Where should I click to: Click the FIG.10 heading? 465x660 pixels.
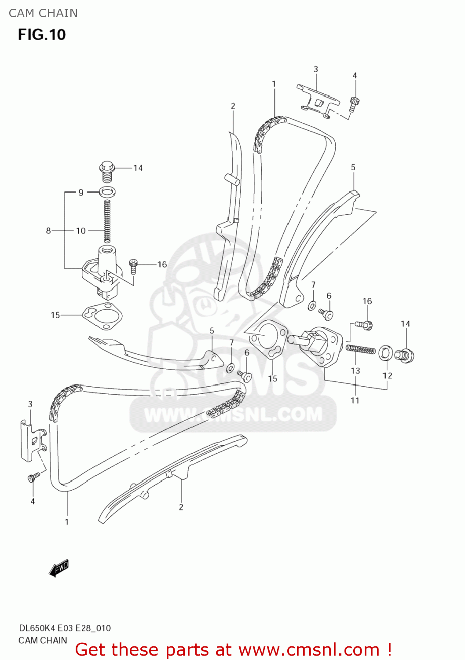pos(42,35)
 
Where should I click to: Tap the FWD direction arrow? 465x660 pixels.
pos(59,568)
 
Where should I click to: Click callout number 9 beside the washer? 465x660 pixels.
pos(81,192)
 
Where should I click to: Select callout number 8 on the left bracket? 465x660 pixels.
pos(48,231)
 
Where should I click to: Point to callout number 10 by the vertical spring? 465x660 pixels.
pos(81,231)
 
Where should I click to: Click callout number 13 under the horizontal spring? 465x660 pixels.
pos(355,370)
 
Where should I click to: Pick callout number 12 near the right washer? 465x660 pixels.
pos(387,375)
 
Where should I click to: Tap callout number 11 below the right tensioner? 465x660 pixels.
pos(355,400)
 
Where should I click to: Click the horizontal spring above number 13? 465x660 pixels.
pos(361,349)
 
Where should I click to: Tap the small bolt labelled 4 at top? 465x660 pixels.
pos(355,103)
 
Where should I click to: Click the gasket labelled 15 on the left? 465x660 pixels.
pos(102,315)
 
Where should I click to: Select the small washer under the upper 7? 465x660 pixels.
pos(312,305)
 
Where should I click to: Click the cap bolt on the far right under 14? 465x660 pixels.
pos(404,355)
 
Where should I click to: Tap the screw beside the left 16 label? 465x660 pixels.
pos(134,266)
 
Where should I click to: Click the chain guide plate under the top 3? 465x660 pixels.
pos(318,101)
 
